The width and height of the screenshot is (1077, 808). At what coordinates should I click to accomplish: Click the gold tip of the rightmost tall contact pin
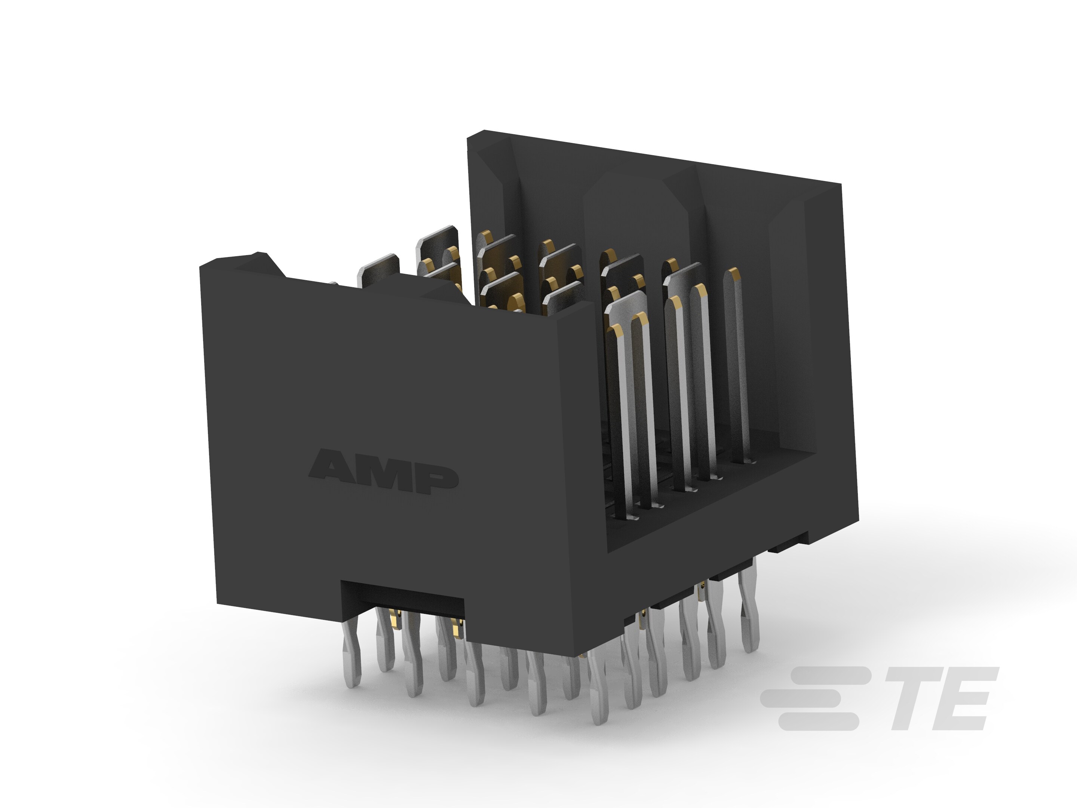pyautogui.click(x=733, y=274)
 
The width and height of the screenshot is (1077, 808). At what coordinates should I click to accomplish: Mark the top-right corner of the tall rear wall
pyautogui.click(x=841, y=184)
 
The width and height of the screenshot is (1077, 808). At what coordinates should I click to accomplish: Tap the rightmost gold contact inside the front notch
pyautogui.click(x=456, y=630)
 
